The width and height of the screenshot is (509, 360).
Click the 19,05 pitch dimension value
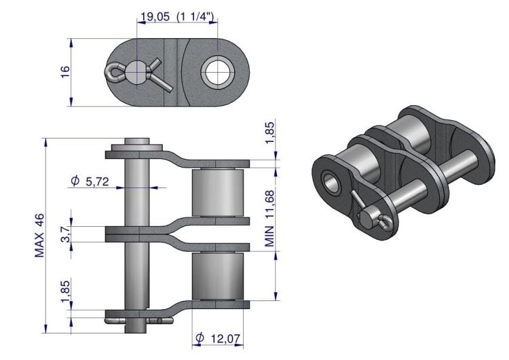[x=155, y=16]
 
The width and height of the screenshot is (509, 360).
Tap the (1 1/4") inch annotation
[x=195, y=16]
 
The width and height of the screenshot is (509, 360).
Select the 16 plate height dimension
[x=65, y=71]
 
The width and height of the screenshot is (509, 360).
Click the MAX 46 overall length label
[x=39, y=236]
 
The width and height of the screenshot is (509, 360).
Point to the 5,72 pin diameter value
[x=97, y=181]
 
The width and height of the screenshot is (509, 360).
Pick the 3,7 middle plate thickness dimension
[x=65, y=234]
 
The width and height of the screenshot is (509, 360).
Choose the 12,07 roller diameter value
[x=225, y=339]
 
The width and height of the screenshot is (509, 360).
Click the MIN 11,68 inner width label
[x=269, y=218]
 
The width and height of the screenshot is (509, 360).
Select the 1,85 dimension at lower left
[x=65, y=291]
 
